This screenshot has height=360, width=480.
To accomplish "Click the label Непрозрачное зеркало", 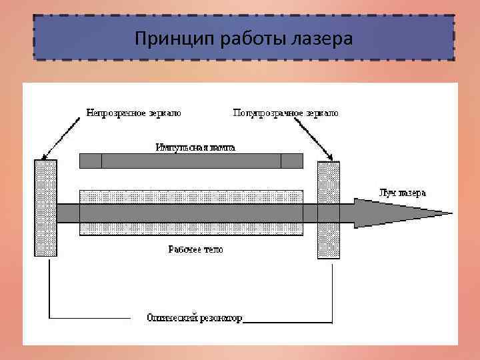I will (134, 113).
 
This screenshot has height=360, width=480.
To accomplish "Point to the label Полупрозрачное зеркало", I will (285, 113).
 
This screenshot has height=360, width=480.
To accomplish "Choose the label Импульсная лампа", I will (195, 147).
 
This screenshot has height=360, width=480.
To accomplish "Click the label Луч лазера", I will (401, 193).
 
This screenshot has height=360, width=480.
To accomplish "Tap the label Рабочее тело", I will (195, 249).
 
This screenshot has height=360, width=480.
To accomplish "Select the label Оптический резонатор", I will (195, 318).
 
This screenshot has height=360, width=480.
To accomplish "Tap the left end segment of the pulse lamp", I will (91, 161).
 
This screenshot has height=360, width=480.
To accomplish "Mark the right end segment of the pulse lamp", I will (291, 161).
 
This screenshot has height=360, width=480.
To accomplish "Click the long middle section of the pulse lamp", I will (191, 161).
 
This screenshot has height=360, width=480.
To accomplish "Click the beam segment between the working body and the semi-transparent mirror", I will (311, 213).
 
